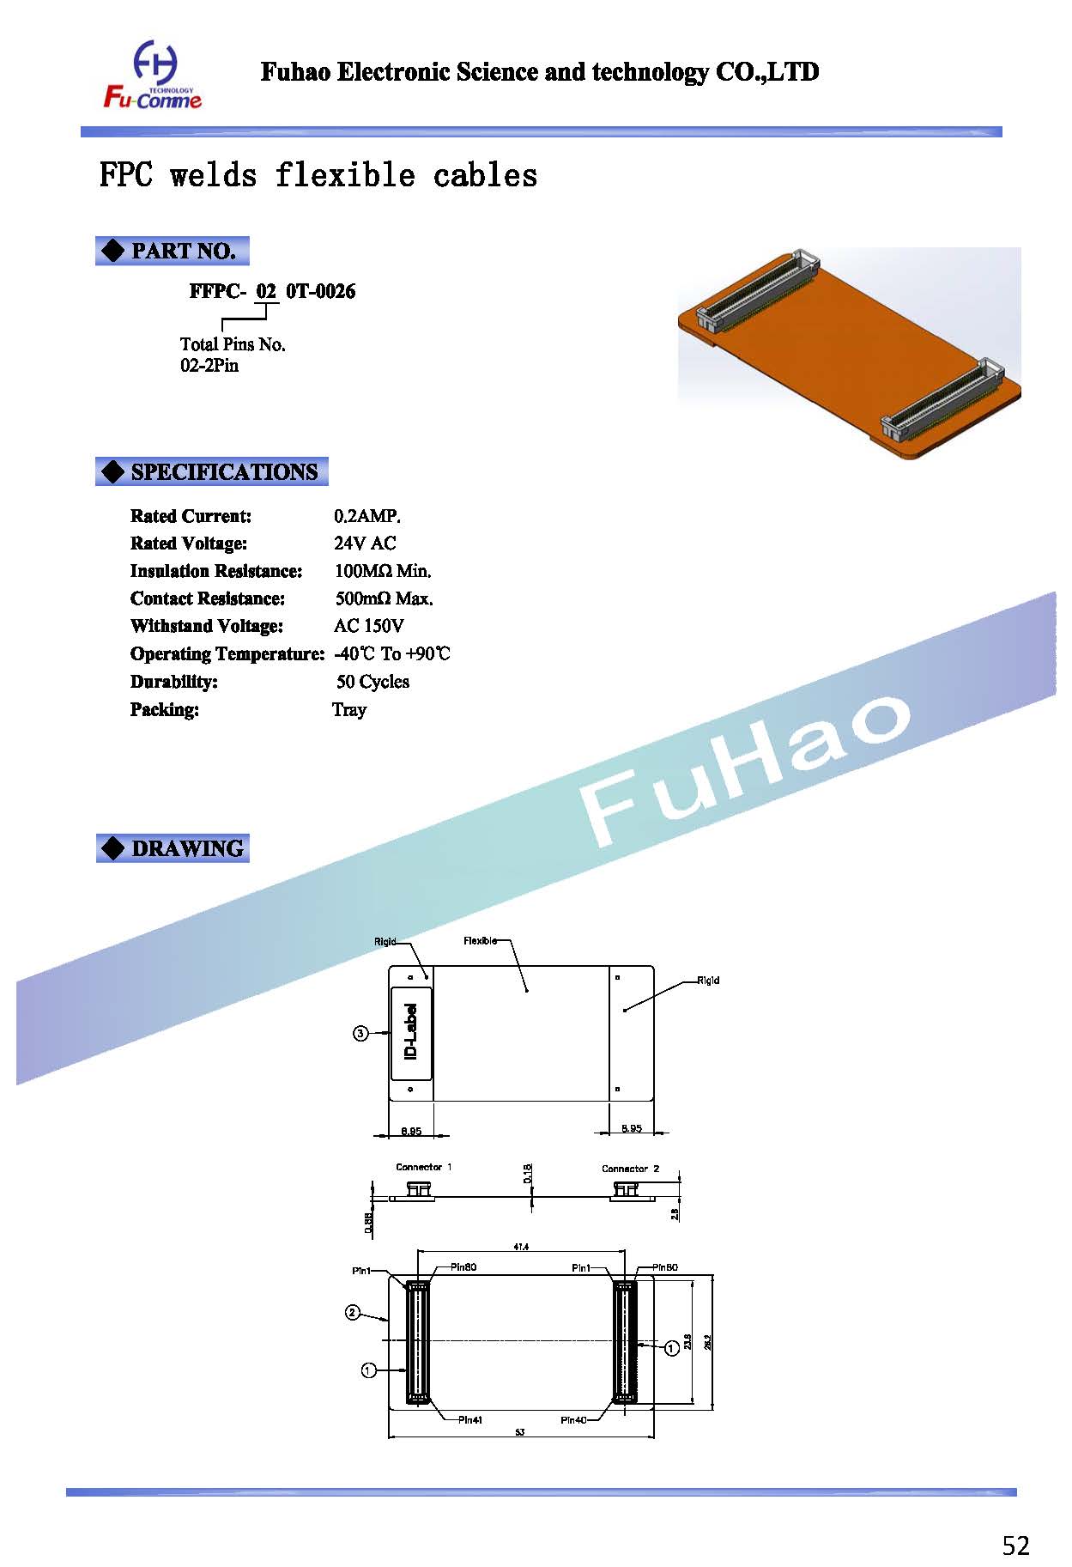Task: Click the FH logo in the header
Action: (154, 76)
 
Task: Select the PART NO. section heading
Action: (172, 251)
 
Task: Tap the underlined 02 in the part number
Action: (266, 291)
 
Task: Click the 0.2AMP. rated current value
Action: (367, 516)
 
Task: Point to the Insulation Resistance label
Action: (216, 571)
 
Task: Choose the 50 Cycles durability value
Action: (372, 682)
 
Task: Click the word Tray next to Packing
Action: (349, 709)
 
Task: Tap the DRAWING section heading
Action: (173, 848)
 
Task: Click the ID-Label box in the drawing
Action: (411, 1033)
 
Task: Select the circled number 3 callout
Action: (361, 1034)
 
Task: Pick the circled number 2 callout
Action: (353, 1312)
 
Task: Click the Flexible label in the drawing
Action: (480, 941)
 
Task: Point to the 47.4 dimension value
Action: (521, 1246)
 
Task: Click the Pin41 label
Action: (469, 1419)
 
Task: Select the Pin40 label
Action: (573, 1419)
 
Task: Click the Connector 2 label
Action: (630, 1169)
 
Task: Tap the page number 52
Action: (1015, 1546)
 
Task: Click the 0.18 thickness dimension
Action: (528, 1173)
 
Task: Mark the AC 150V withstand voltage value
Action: (369, 626)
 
